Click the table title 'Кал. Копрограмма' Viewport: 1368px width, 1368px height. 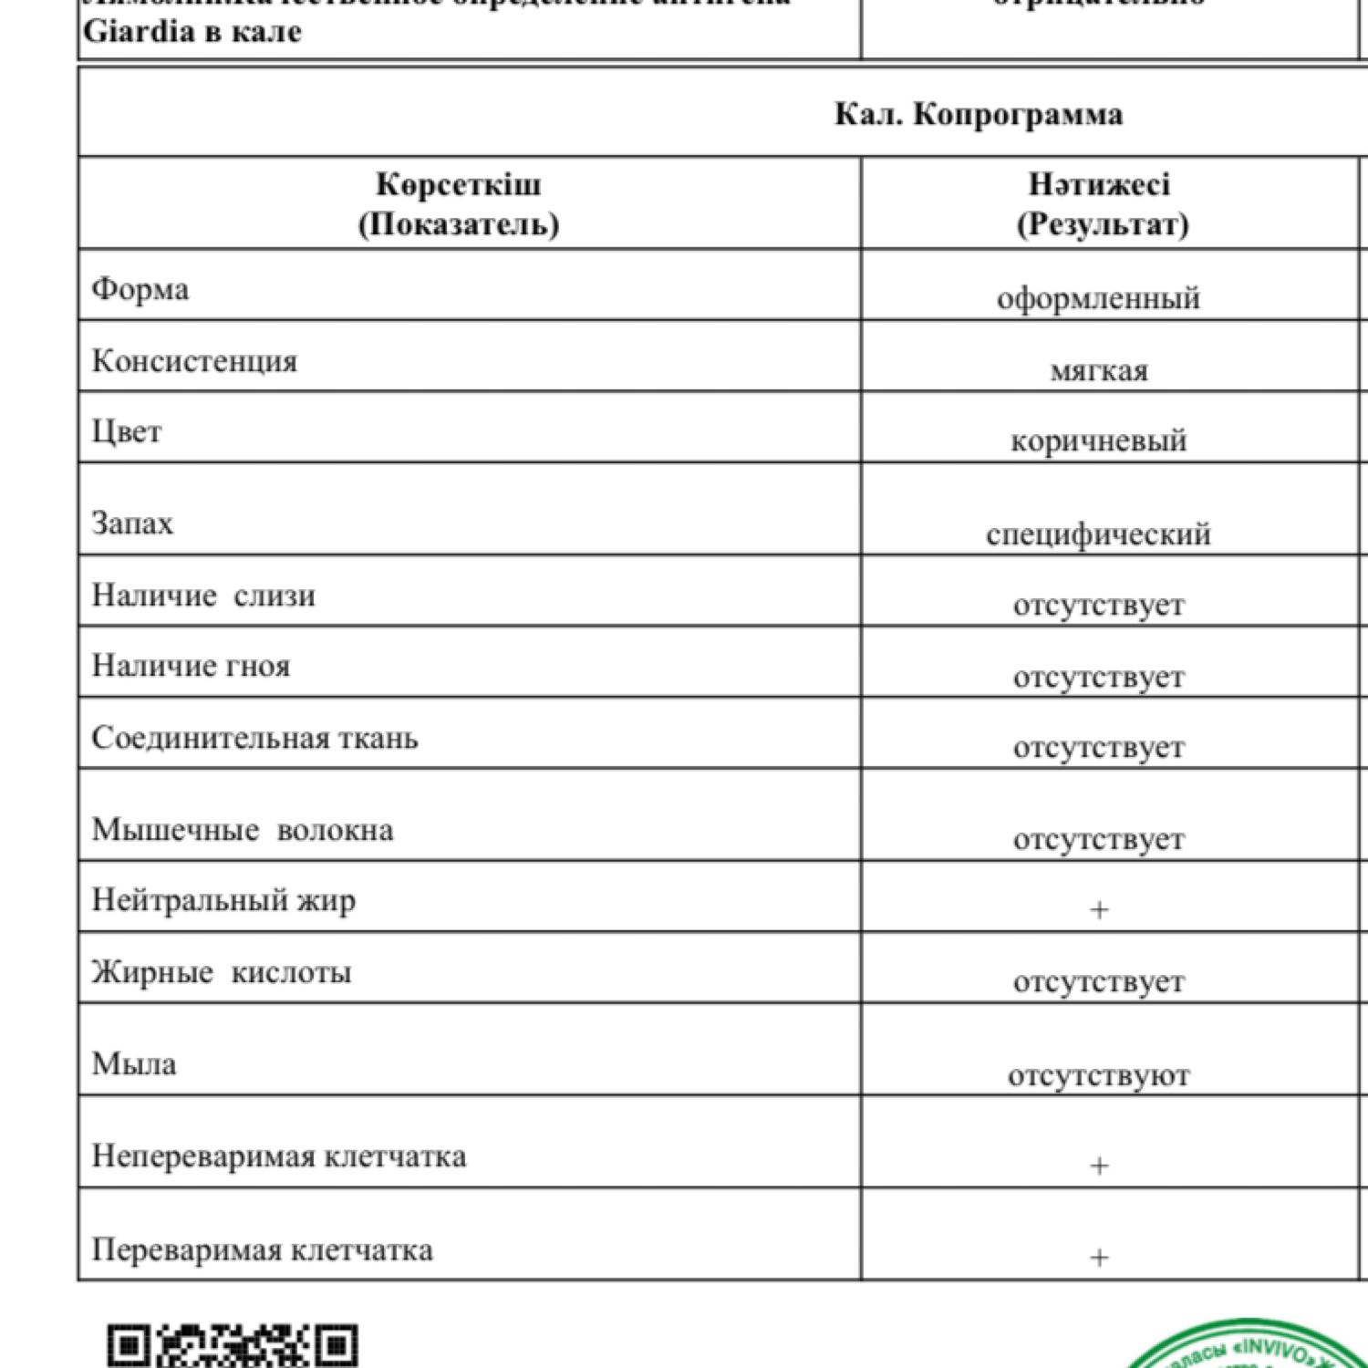[978, 115]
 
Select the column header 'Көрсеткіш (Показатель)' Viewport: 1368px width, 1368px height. [458, 204]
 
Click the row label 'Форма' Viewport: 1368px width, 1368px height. [140, 290]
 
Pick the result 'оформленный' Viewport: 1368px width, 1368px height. [1098, 299]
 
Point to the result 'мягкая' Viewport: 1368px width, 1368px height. [1099, 371]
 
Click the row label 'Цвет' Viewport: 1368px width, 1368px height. [127, 431]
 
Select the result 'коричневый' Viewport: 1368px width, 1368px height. [1098, 441]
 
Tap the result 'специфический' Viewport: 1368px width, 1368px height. [1098, 534]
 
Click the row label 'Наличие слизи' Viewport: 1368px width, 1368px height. [203, 596]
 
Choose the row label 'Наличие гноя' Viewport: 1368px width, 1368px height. [191, 667]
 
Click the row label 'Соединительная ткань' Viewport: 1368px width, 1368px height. [254, 738]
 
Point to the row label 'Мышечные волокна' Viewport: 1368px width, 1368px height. [243, 830]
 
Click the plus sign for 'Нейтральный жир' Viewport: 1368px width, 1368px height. [1099, 909]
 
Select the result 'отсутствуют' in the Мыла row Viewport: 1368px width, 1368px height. [1098, 1076]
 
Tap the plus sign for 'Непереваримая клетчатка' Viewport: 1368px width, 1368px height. [1099, 1166]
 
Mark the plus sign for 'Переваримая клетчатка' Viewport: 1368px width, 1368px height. [1099, 1258]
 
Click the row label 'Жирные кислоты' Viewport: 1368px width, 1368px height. [221, 972]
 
